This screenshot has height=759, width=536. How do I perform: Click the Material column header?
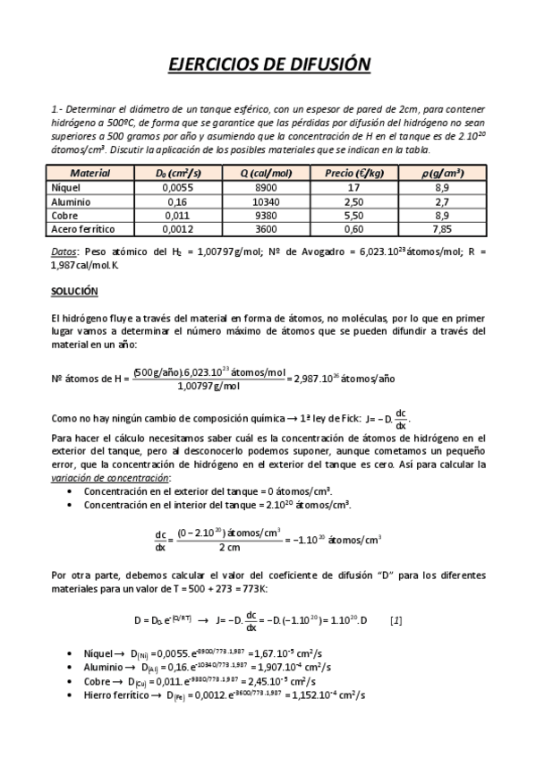pos(89,173)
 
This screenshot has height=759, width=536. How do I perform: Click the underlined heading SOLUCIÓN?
pos(74,292)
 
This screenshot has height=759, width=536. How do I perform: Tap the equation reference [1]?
pos(396,619)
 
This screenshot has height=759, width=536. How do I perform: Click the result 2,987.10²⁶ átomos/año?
pos(345,378)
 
